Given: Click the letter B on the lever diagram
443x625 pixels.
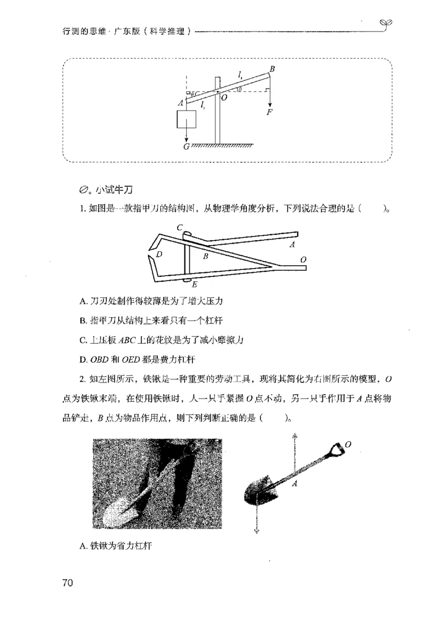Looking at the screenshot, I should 272,69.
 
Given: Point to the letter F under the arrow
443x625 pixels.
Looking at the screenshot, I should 270,112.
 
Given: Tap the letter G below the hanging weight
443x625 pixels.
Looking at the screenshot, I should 186,146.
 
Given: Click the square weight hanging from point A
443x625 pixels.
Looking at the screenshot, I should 186,118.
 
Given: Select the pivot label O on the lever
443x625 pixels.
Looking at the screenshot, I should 224,97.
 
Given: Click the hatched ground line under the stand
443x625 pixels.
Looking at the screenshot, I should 221,146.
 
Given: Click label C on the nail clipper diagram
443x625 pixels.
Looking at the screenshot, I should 180,228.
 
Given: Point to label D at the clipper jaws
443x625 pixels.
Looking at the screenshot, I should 159,254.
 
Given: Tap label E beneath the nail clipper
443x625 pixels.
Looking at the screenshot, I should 194,285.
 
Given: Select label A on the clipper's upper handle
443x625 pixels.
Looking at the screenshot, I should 292,244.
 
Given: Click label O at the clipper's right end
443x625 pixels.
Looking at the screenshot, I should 302,259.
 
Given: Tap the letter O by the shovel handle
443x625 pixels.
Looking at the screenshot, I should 348,444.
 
